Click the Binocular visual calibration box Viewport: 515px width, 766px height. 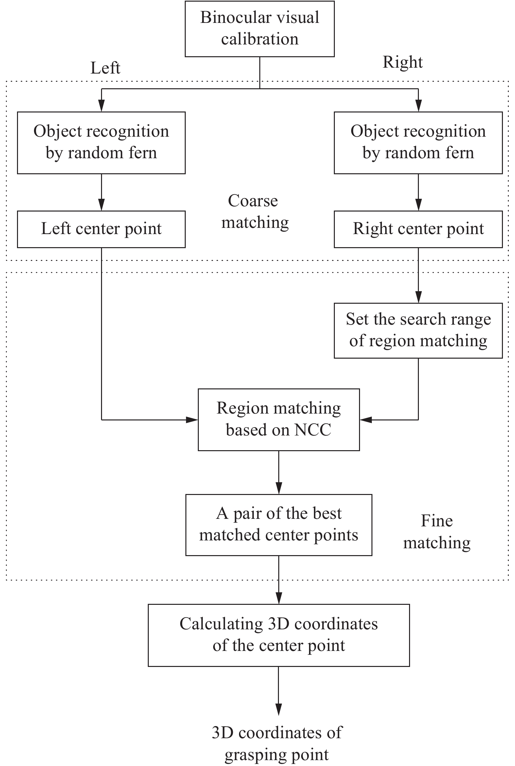[x=260, y=29]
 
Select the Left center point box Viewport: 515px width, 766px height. [x=101, y=229]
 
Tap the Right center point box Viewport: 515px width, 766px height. [x=418, y=229]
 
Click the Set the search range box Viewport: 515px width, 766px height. [x=418, y=330]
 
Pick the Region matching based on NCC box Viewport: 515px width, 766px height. [x=279, y=419]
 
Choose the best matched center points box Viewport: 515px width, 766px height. [x=279, y=525]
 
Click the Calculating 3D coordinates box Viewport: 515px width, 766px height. [x=279, y=635]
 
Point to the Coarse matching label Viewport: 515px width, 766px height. [x=254, y=212]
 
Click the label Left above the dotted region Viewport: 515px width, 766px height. [x=105, y=68]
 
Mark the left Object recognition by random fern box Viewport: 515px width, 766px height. [x=101, y=143]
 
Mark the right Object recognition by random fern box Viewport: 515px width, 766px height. [x=418, y=143]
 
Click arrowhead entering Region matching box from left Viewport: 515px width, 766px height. [x=192, y=419]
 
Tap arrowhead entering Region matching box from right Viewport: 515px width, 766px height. [x=366, y=419]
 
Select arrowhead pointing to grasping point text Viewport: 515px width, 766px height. [x=279, y=709]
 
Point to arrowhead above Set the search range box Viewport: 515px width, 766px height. [x=418, y=297]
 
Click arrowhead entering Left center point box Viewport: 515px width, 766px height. [x=101, y=205]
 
